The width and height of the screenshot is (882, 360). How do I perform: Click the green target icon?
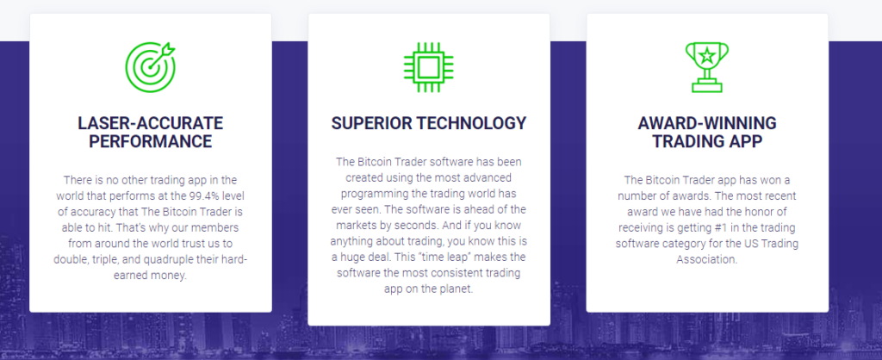click(150, 67)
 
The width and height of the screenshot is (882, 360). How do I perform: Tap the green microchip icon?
click(429, 67)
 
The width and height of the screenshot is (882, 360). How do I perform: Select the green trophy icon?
click(707, 67)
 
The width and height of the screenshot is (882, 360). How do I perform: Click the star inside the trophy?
click(707, 56)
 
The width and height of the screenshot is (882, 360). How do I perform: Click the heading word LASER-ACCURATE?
click(150, 123)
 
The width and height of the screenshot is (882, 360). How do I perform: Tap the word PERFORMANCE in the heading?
click(150, 141)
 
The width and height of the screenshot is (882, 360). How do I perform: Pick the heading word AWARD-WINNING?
click(707, 123)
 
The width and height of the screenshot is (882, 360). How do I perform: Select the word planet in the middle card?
click(457, 289)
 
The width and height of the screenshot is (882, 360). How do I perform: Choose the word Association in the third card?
click(707, 260)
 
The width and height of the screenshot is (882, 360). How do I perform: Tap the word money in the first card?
click(171, 276)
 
